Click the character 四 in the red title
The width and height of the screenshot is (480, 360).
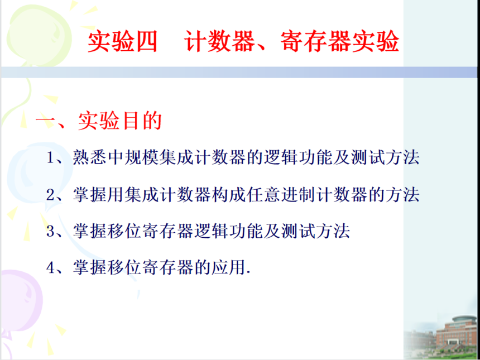pyautogui.click(x=146, y=42)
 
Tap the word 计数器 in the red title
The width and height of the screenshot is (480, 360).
pyautogui.click(x=220, y=42)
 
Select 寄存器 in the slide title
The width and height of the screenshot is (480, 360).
pyautogui.click(x=315, y=42)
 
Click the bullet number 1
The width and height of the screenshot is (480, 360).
pyautogui.click(x=50, y=159)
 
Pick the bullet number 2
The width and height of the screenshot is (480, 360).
pyautogui.click(x=50, y=195)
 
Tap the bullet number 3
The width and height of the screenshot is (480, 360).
pyautogui.click(x=50, y=231)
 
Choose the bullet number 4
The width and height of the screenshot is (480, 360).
pyautogui.click(x=50, y=267)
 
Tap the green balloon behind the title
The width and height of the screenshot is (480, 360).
pyautogui.click(x=39, y=35)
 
